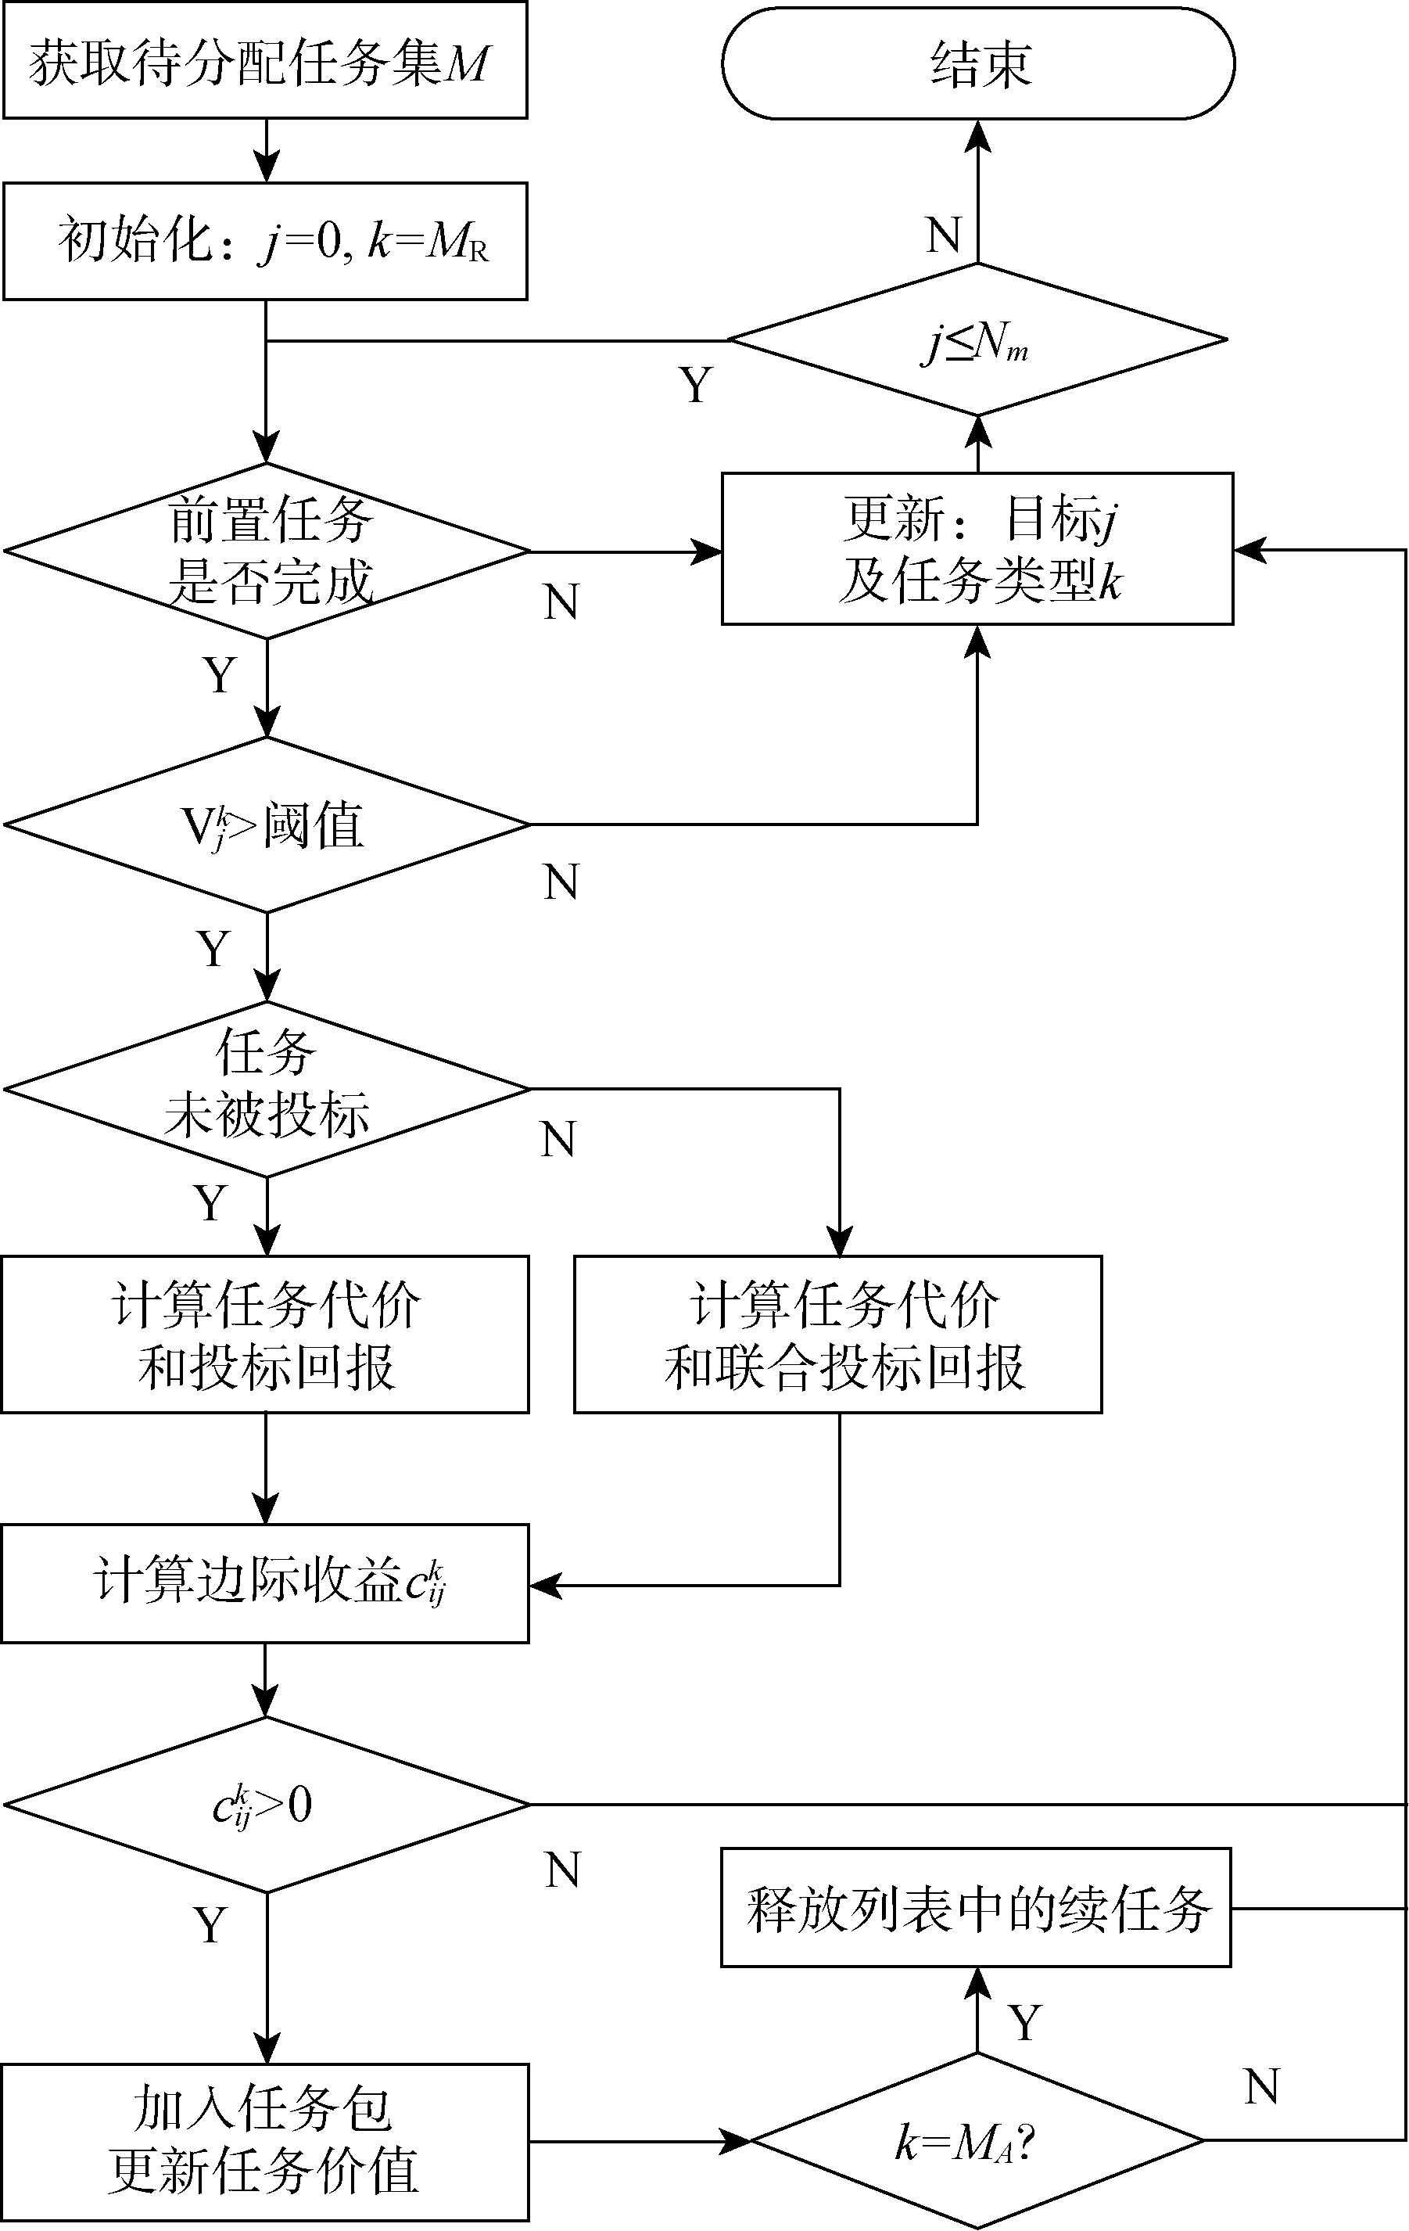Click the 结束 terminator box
coord(977,63)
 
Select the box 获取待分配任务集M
coord(265,61)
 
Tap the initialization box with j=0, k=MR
coord(265,241)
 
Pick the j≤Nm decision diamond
coord(977,340)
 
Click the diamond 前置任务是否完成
coord(267,551)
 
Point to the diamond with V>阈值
coord(267,824)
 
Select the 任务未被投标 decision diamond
coord(267,1089)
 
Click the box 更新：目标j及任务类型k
coord(977,548)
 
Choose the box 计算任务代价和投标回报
coord(265,1335)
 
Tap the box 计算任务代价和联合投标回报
coord(837,1335)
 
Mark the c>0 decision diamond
coord(267,1804)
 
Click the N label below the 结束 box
coord(943,235)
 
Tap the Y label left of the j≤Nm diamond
coord(696,383)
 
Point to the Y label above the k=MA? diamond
coord(1024,2023)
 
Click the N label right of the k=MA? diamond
coord(1262,2087)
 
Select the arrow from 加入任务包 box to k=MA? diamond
coord(639,2141)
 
